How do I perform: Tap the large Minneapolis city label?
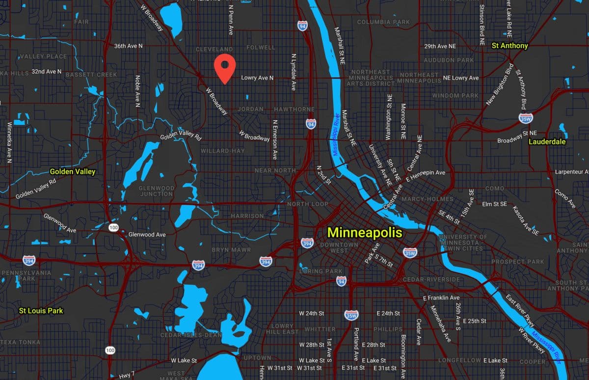(x=365, y=232)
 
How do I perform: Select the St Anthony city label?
(x=510, y=46)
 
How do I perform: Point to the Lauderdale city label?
(x=547, y=142)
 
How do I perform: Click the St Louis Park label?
(x=41, y=311)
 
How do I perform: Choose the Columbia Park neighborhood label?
(x=383, y=22)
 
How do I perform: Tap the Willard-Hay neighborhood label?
(x=222, y=150)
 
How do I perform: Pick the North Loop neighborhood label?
(x=308, y=204)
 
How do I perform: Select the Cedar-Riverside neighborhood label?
(x=432, y=279)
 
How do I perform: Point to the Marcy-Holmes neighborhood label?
(x=427, y=199)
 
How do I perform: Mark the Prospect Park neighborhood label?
(x=517, y=262)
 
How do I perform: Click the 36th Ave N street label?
(x=128, y=46)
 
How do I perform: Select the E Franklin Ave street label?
(x=441, y=298)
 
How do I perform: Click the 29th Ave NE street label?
(x=440, y=46)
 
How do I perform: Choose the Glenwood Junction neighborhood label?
(x=157, y=191)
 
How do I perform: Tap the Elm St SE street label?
(x=494, y=204)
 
